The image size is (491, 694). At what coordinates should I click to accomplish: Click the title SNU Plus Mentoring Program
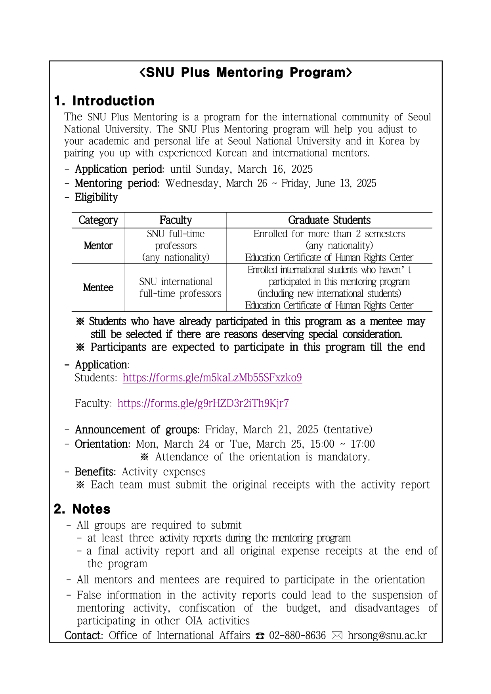tap(246, 72)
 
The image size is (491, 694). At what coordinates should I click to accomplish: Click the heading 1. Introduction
tap(104, 101)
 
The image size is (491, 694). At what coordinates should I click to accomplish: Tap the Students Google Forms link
tap(212, 378)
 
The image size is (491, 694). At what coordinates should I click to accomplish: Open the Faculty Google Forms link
tap(203, 403)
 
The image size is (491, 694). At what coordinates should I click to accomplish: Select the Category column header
tap(98, 220)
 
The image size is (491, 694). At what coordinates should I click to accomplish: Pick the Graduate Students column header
tap(329, 220)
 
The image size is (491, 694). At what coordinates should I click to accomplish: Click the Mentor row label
tap(98, 246)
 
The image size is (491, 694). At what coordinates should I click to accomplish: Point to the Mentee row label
tap(98, 287)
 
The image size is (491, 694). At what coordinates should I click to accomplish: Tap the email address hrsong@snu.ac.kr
tap(387, 635)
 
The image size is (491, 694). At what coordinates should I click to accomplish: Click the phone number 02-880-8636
tap(297, 635)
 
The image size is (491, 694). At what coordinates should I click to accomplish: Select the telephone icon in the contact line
tap(260, 636)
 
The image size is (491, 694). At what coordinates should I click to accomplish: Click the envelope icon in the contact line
tap(337, 636)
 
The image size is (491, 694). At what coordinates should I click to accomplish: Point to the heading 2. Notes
tap(82, 509)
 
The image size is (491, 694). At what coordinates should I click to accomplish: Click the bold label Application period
tap(119, 169)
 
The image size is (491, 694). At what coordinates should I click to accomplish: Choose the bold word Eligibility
tap(96, 197)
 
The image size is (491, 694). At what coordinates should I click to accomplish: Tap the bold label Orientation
tap(102, 444)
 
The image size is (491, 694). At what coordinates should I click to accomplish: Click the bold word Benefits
tap(95, 472)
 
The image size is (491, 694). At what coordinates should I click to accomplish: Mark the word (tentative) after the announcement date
tap(348, 430)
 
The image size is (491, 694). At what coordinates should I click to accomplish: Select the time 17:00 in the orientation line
tap(363, 444)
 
